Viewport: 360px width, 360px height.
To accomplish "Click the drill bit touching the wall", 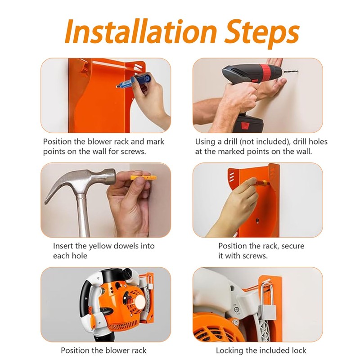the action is coord(291,72).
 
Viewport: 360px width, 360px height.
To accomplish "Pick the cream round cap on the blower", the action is coord(139,301).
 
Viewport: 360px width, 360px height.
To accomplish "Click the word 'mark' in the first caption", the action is coord(155,141).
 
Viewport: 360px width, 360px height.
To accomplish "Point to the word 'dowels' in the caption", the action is coord(126,246).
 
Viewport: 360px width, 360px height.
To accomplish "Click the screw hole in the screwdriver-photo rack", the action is coord(257,221).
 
